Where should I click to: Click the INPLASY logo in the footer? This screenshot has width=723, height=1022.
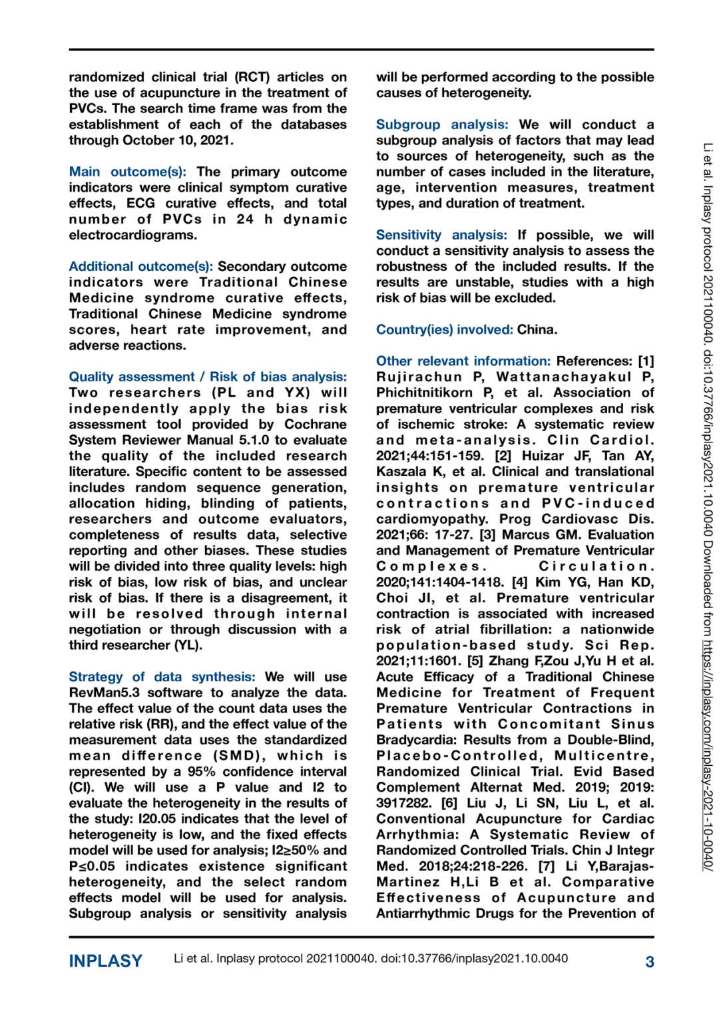point(105,961)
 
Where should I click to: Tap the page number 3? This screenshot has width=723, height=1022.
point(649,961)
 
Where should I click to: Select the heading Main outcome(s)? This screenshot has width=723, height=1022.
point(127,172)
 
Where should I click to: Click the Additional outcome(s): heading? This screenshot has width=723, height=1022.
point(140,266)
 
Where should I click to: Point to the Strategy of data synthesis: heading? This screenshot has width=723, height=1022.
point(162,677)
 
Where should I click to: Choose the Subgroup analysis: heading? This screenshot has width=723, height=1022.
point(441,124)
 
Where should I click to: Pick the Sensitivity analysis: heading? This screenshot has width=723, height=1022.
point(441,235)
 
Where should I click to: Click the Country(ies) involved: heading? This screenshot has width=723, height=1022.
point(444,329)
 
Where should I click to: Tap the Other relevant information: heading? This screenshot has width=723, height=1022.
point(463,361)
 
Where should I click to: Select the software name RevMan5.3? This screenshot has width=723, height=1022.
point(105,693)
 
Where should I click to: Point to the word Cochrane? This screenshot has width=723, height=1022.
point(315,424)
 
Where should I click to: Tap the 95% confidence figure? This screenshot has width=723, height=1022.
point(202,772)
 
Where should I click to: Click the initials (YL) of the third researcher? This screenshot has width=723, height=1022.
point(188,645)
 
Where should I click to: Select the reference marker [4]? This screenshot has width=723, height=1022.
point(519,582)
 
